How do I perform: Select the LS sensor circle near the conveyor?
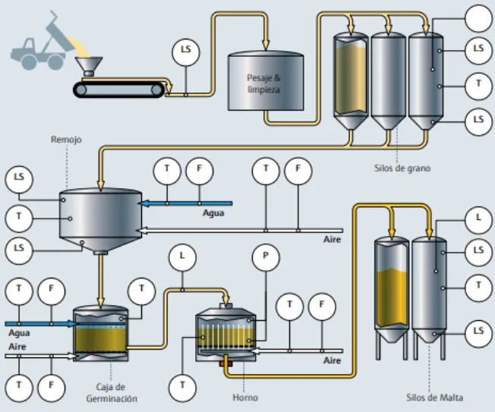[186, 52]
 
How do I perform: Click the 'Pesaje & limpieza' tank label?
[263, 83]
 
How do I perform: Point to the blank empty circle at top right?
[479, 19]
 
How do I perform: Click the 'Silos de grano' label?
[402, 168]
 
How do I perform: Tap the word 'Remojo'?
[66, 140]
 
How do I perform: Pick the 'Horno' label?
[245, 398]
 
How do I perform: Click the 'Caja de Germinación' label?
[112, 393]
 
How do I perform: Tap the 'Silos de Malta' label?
[435, 398]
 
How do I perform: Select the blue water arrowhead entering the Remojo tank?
[144, 203]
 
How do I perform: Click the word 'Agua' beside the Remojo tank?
[213, 213]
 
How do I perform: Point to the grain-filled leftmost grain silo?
[351, 80]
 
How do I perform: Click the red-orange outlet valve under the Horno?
[226, 363]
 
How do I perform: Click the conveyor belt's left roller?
[81, 90]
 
